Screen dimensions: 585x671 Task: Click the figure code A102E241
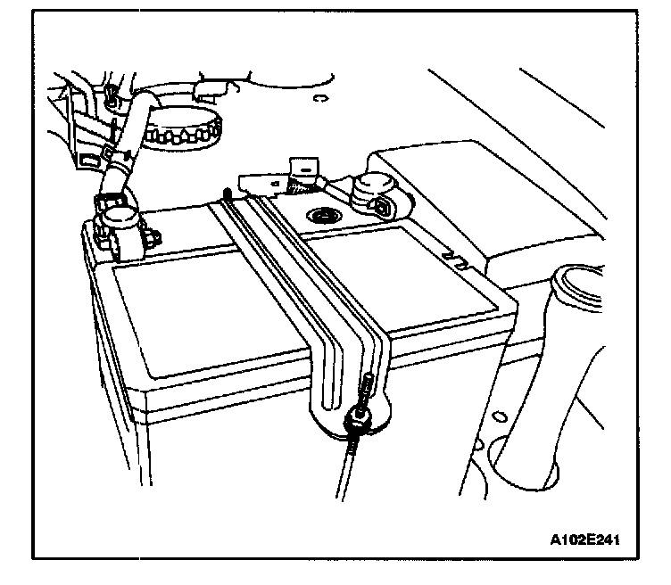[x=584, y=540]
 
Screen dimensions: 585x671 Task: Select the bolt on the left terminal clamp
[x=154, y=237]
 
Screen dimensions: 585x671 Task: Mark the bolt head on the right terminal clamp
[x=383, y=208]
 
